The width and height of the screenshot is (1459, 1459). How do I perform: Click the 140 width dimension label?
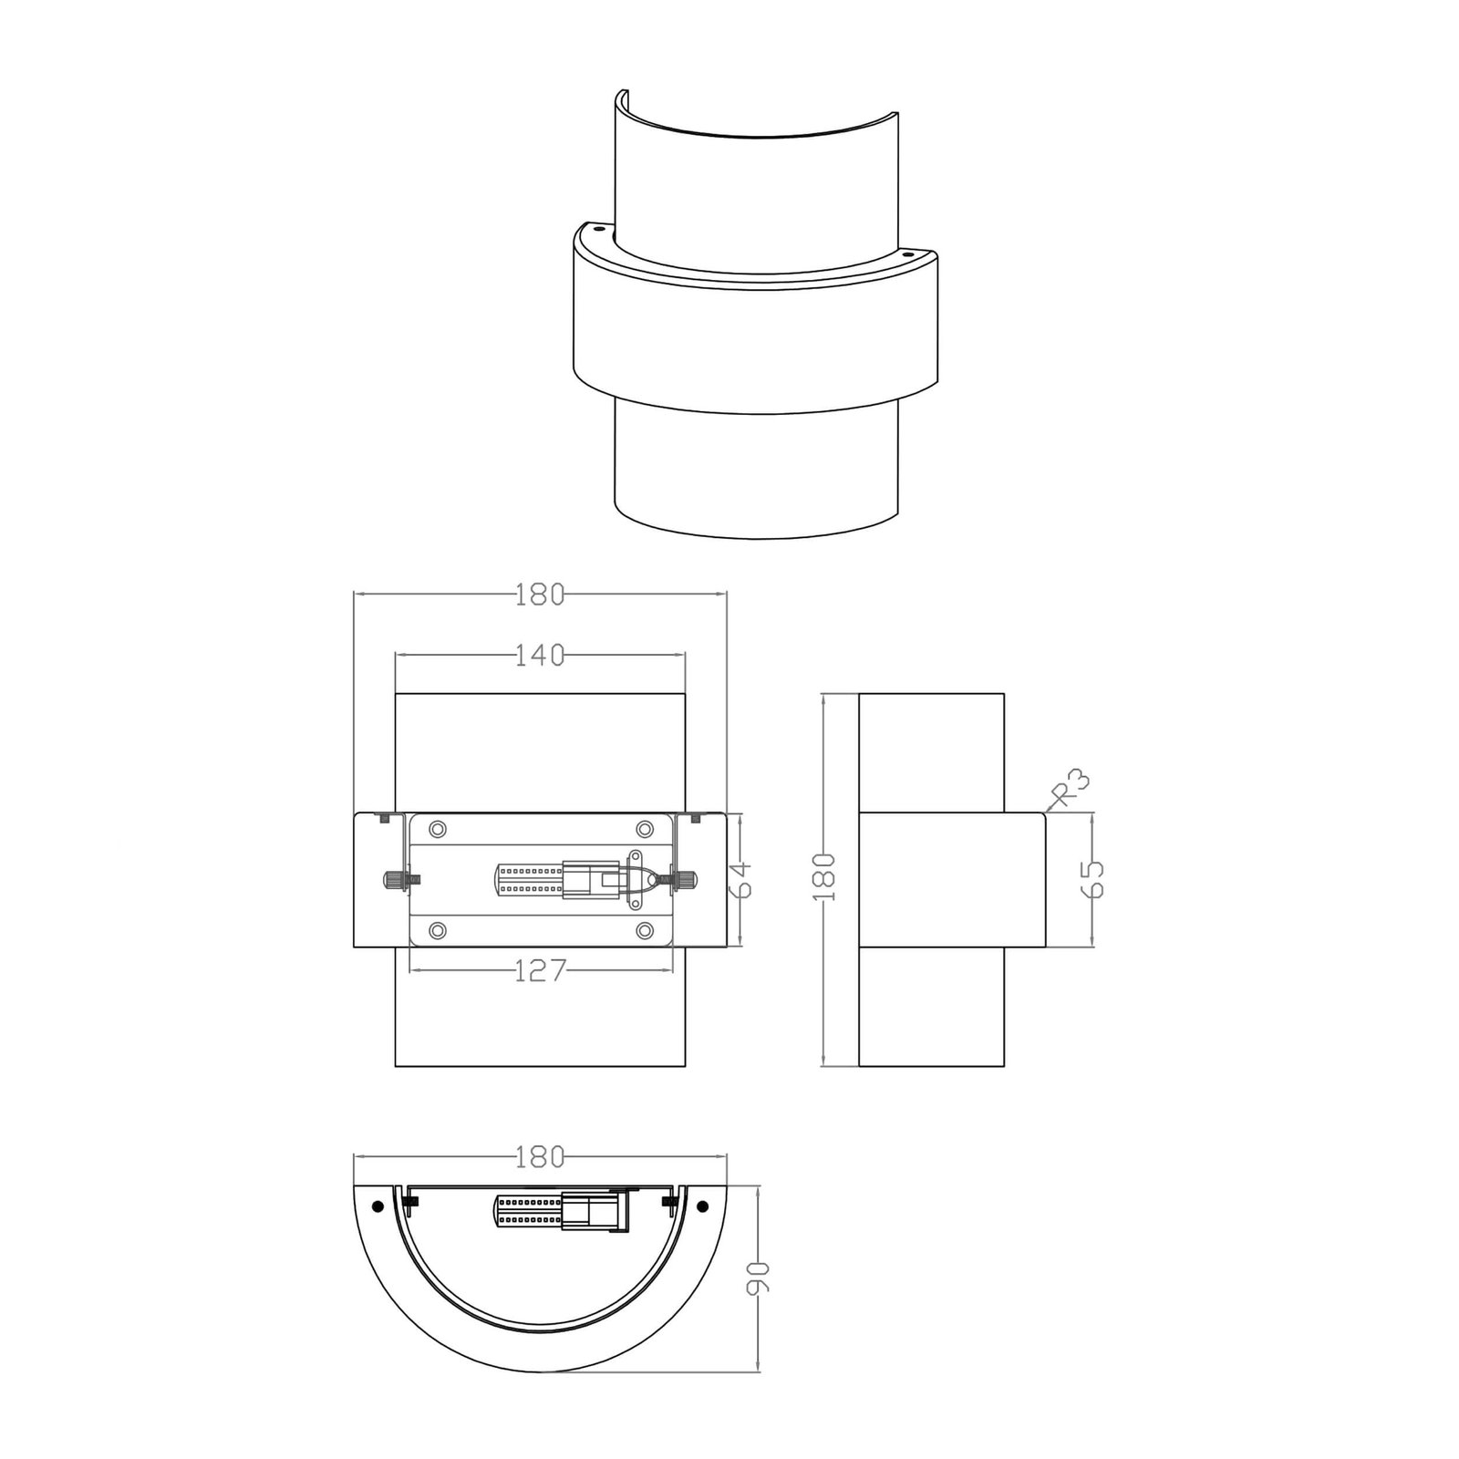coord(540,655)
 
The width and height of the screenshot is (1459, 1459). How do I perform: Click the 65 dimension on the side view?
coord(1092,879)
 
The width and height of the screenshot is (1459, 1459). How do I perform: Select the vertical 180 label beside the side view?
coord(823,878)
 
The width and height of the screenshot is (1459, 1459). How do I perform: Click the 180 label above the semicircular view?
coord(540,1157)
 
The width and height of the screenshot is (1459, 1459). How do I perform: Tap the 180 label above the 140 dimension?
coord(540,595)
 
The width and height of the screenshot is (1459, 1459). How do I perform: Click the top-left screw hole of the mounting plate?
coord(438,829)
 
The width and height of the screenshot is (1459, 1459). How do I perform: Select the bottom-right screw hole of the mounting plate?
coord(645,931)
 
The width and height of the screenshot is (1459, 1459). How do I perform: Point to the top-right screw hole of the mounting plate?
coord(645,829)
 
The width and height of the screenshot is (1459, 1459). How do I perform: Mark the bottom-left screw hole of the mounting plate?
coord(438,931)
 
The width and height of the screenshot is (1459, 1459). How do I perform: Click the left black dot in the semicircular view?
coord(377,1206)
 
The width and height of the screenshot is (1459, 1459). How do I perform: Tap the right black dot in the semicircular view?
coord(702,1206)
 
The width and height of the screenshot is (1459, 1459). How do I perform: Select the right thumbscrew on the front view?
coord(684,880)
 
